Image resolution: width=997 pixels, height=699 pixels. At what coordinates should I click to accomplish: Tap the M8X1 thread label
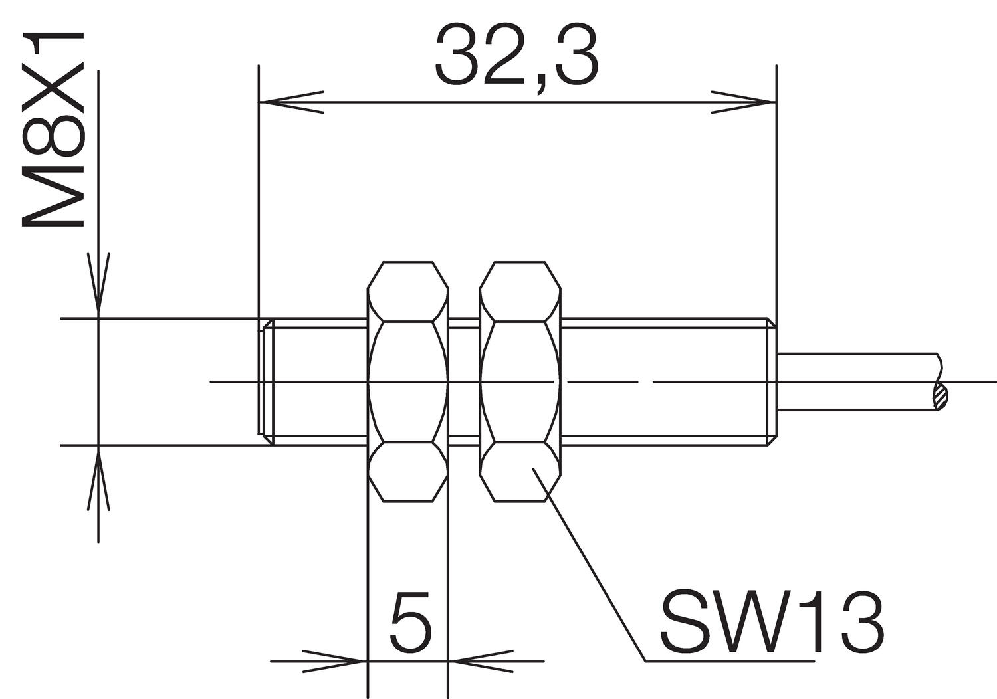pos(53,130)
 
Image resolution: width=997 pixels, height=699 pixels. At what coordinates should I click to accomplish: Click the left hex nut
pos(407,381)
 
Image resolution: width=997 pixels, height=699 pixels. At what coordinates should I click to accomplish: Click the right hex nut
pos(520,381)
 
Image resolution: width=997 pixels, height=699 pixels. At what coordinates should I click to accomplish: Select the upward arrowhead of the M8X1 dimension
pos(98,478)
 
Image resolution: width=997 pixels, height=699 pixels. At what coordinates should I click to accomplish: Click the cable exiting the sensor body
pos(857,381)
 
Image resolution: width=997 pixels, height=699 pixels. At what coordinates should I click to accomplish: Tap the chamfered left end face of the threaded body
pos(265,381)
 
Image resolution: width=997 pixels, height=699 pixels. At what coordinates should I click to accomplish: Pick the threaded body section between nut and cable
pos(665,381)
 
